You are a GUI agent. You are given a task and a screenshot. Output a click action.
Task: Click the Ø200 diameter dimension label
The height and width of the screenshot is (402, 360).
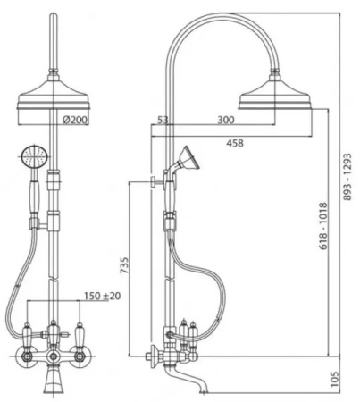click(75, 120)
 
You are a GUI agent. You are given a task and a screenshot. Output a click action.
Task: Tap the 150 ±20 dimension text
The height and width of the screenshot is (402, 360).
click(102, 296)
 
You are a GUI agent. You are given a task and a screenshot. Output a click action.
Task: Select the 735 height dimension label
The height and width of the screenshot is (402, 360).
click(124, 265)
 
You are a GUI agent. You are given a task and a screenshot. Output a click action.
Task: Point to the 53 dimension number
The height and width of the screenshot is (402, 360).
click(163, 120)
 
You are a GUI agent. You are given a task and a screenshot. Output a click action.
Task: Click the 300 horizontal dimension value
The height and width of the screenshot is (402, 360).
click(226, 120)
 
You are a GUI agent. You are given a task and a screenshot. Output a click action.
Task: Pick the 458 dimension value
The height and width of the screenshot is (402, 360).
click(235, 143)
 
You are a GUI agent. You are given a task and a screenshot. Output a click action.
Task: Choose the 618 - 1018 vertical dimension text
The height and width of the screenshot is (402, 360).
click(323, 226)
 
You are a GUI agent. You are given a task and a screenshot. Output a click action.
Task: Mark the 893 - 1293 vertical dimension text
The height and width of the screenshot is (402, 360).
click(347, 177)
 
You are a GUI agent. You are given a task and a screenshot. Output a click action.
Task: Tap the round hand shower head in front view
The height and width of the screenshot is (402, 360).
click(35, 157)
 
